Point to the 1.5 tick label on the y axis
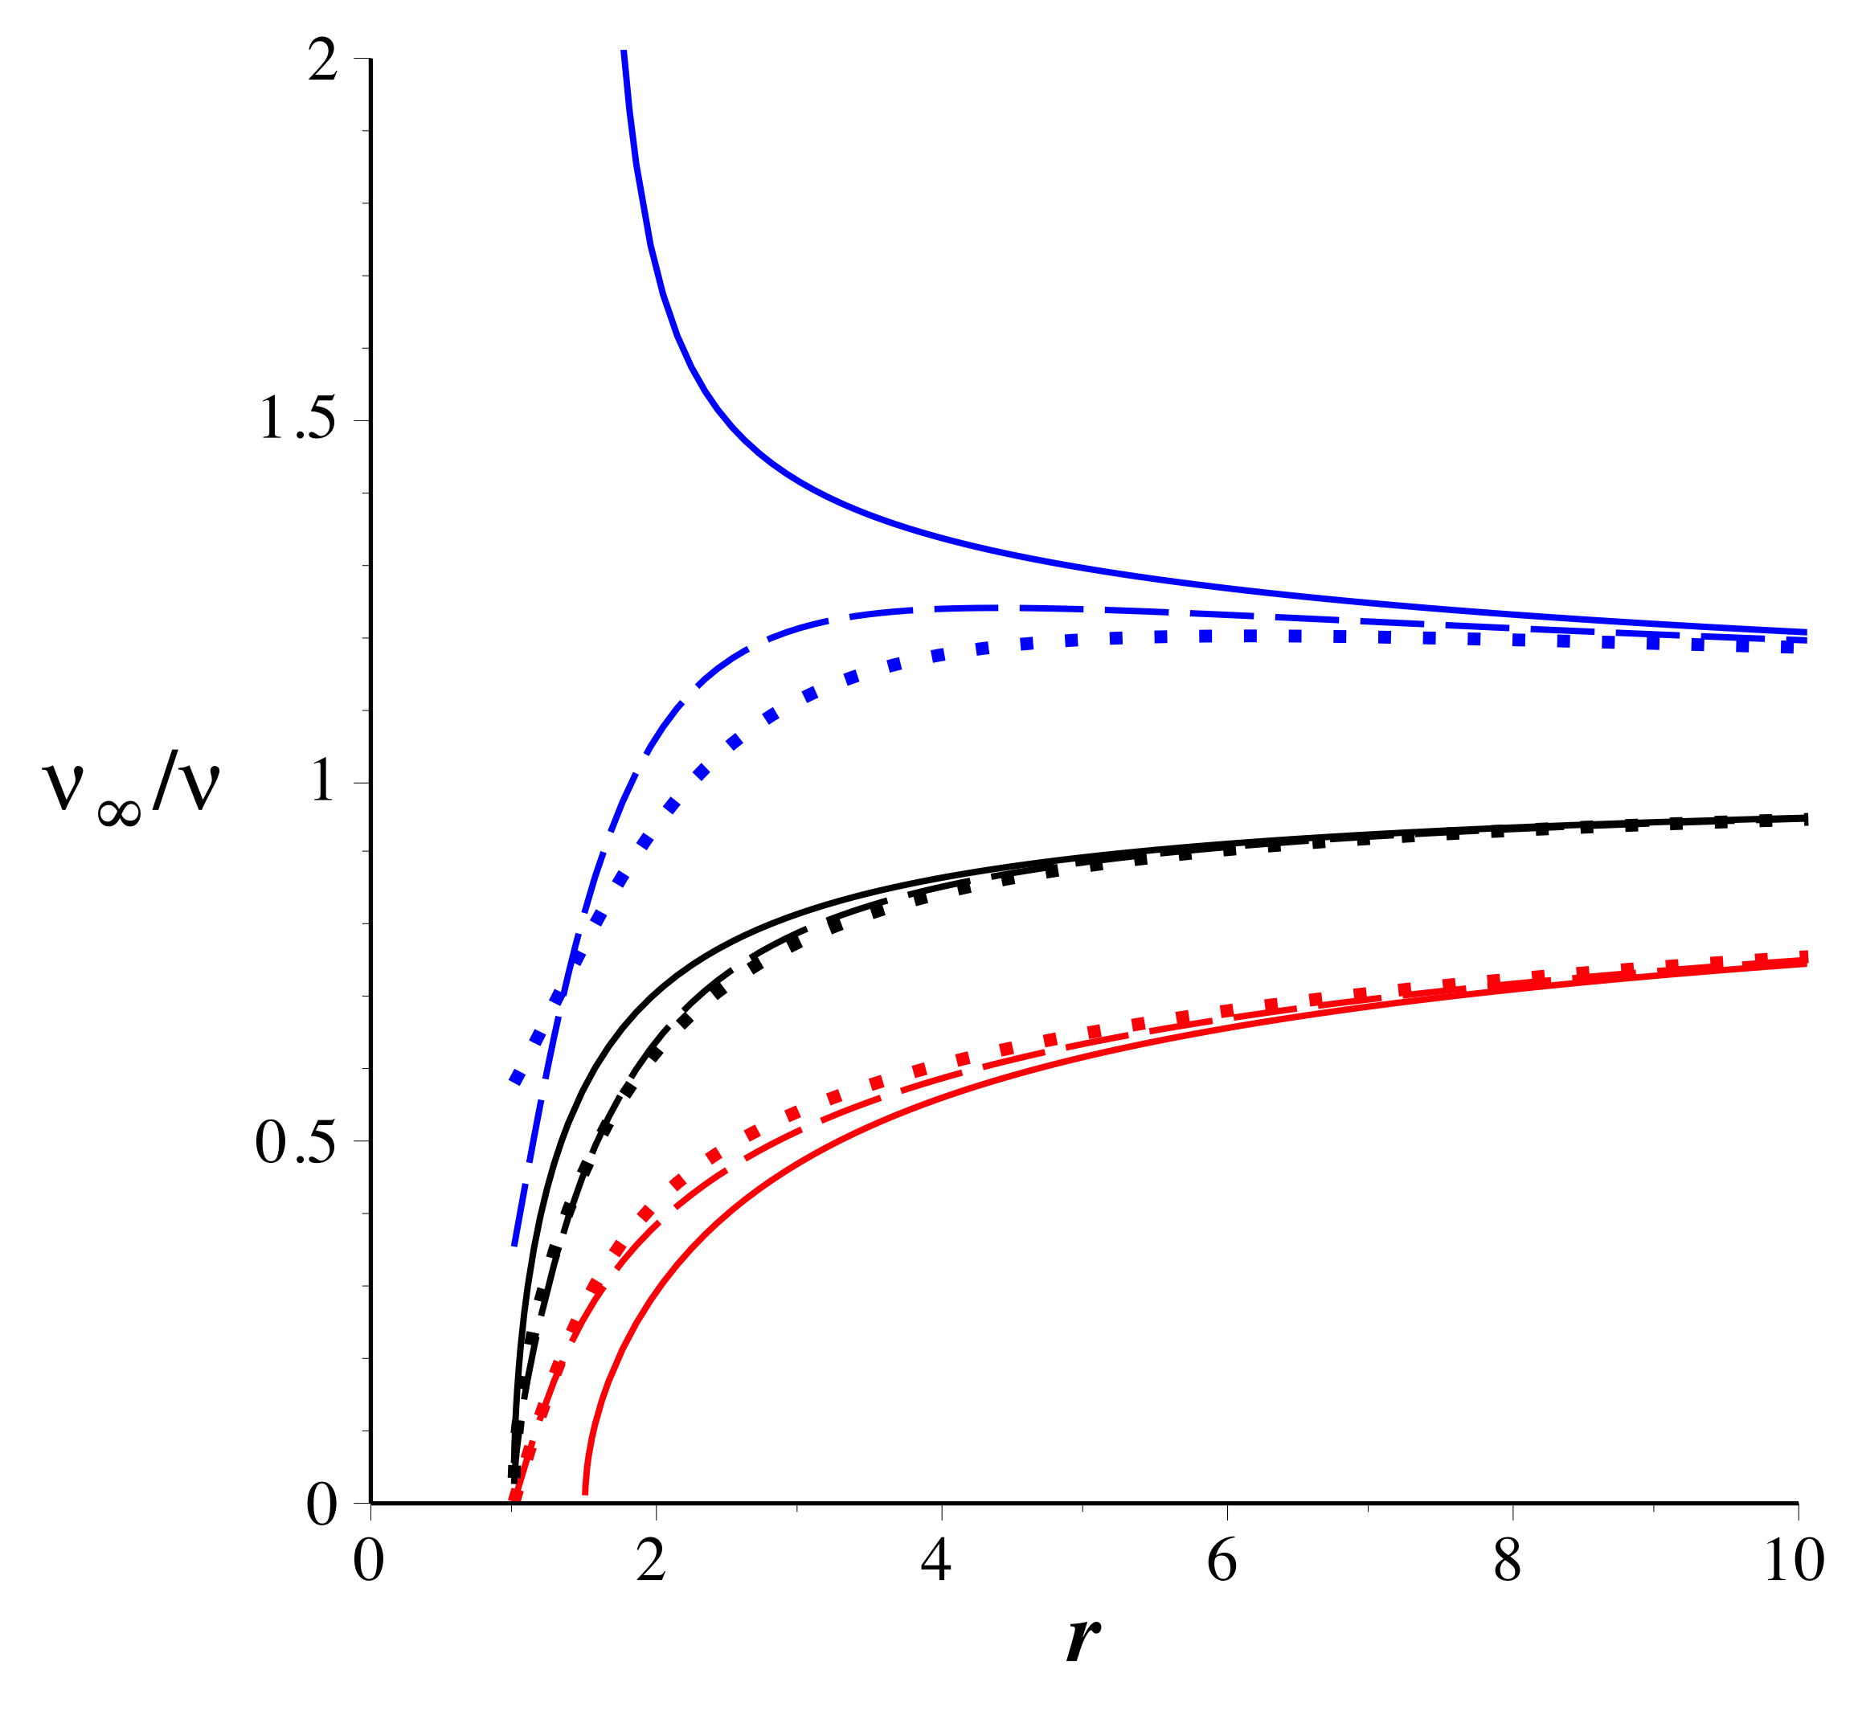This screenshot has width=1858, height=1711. point(297,420)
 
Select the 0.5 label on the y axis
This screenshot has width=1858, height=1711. point(294,1144)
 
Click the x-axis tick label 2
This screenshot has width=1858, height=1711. point(654,1558)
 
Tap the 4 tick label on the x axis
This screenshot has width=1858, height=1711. point(940,1558)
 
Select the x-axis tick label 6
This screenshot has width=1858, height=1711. point(1226,1558)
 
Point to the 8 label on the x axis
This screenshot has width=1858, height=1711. point(1511,1558)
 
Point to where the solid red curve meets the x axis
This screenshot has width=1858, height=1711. point(584,1500)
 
